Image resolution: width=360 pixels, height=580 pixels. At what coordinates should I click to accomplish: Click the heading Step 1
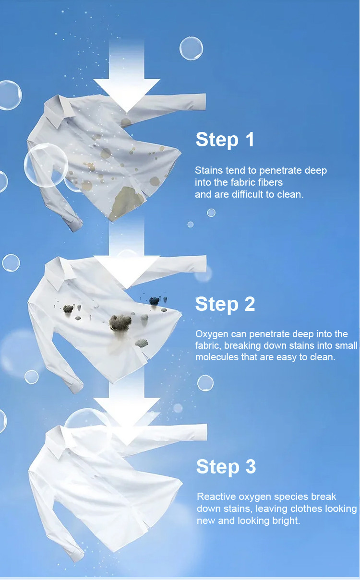tap(225, 140)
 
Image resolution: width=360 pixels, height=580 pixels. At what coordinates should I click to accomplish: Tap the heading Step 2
tap(225, 304)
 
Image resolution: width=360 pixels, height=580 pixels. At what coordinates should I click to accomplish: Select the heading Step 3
tap(226, 467)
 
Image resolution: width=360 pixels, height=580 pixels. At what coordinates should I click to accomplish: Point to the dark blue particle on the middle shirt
tap(154, 301)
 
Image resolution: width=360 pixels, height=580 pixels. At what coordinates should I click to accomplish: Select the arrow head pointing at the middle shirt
tap(126, 269)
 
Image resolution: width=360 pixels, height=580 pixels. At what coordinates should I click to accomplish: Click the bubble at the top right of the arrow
tap(191, 48)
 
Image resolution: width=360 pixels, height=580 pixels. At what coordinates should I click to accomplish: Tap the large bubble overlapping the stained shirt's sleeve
tap(46, 165)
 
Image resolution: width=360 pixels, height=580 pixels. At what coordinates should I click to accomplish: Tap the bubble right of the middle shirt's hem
tap(205, 383)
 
